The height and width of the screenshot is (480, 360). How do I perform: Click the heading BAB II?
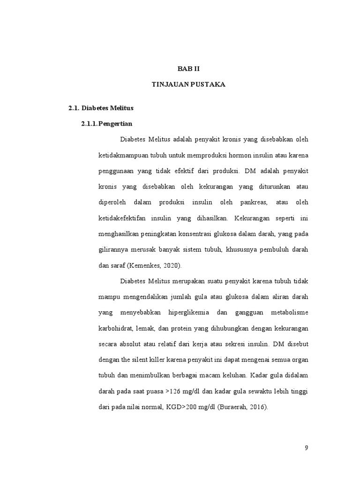point(188,68)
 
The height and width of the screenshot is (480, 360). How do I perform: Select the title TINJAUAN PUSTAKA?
point(188,85)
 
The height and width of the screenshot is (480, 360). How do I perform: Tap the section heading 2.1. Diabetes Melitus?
point(101,108)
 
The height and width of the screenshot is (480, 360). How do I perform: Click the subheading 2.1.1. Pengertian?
point(107,124)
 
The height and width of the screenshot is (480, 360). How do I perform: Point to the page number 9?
point(307,448)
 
